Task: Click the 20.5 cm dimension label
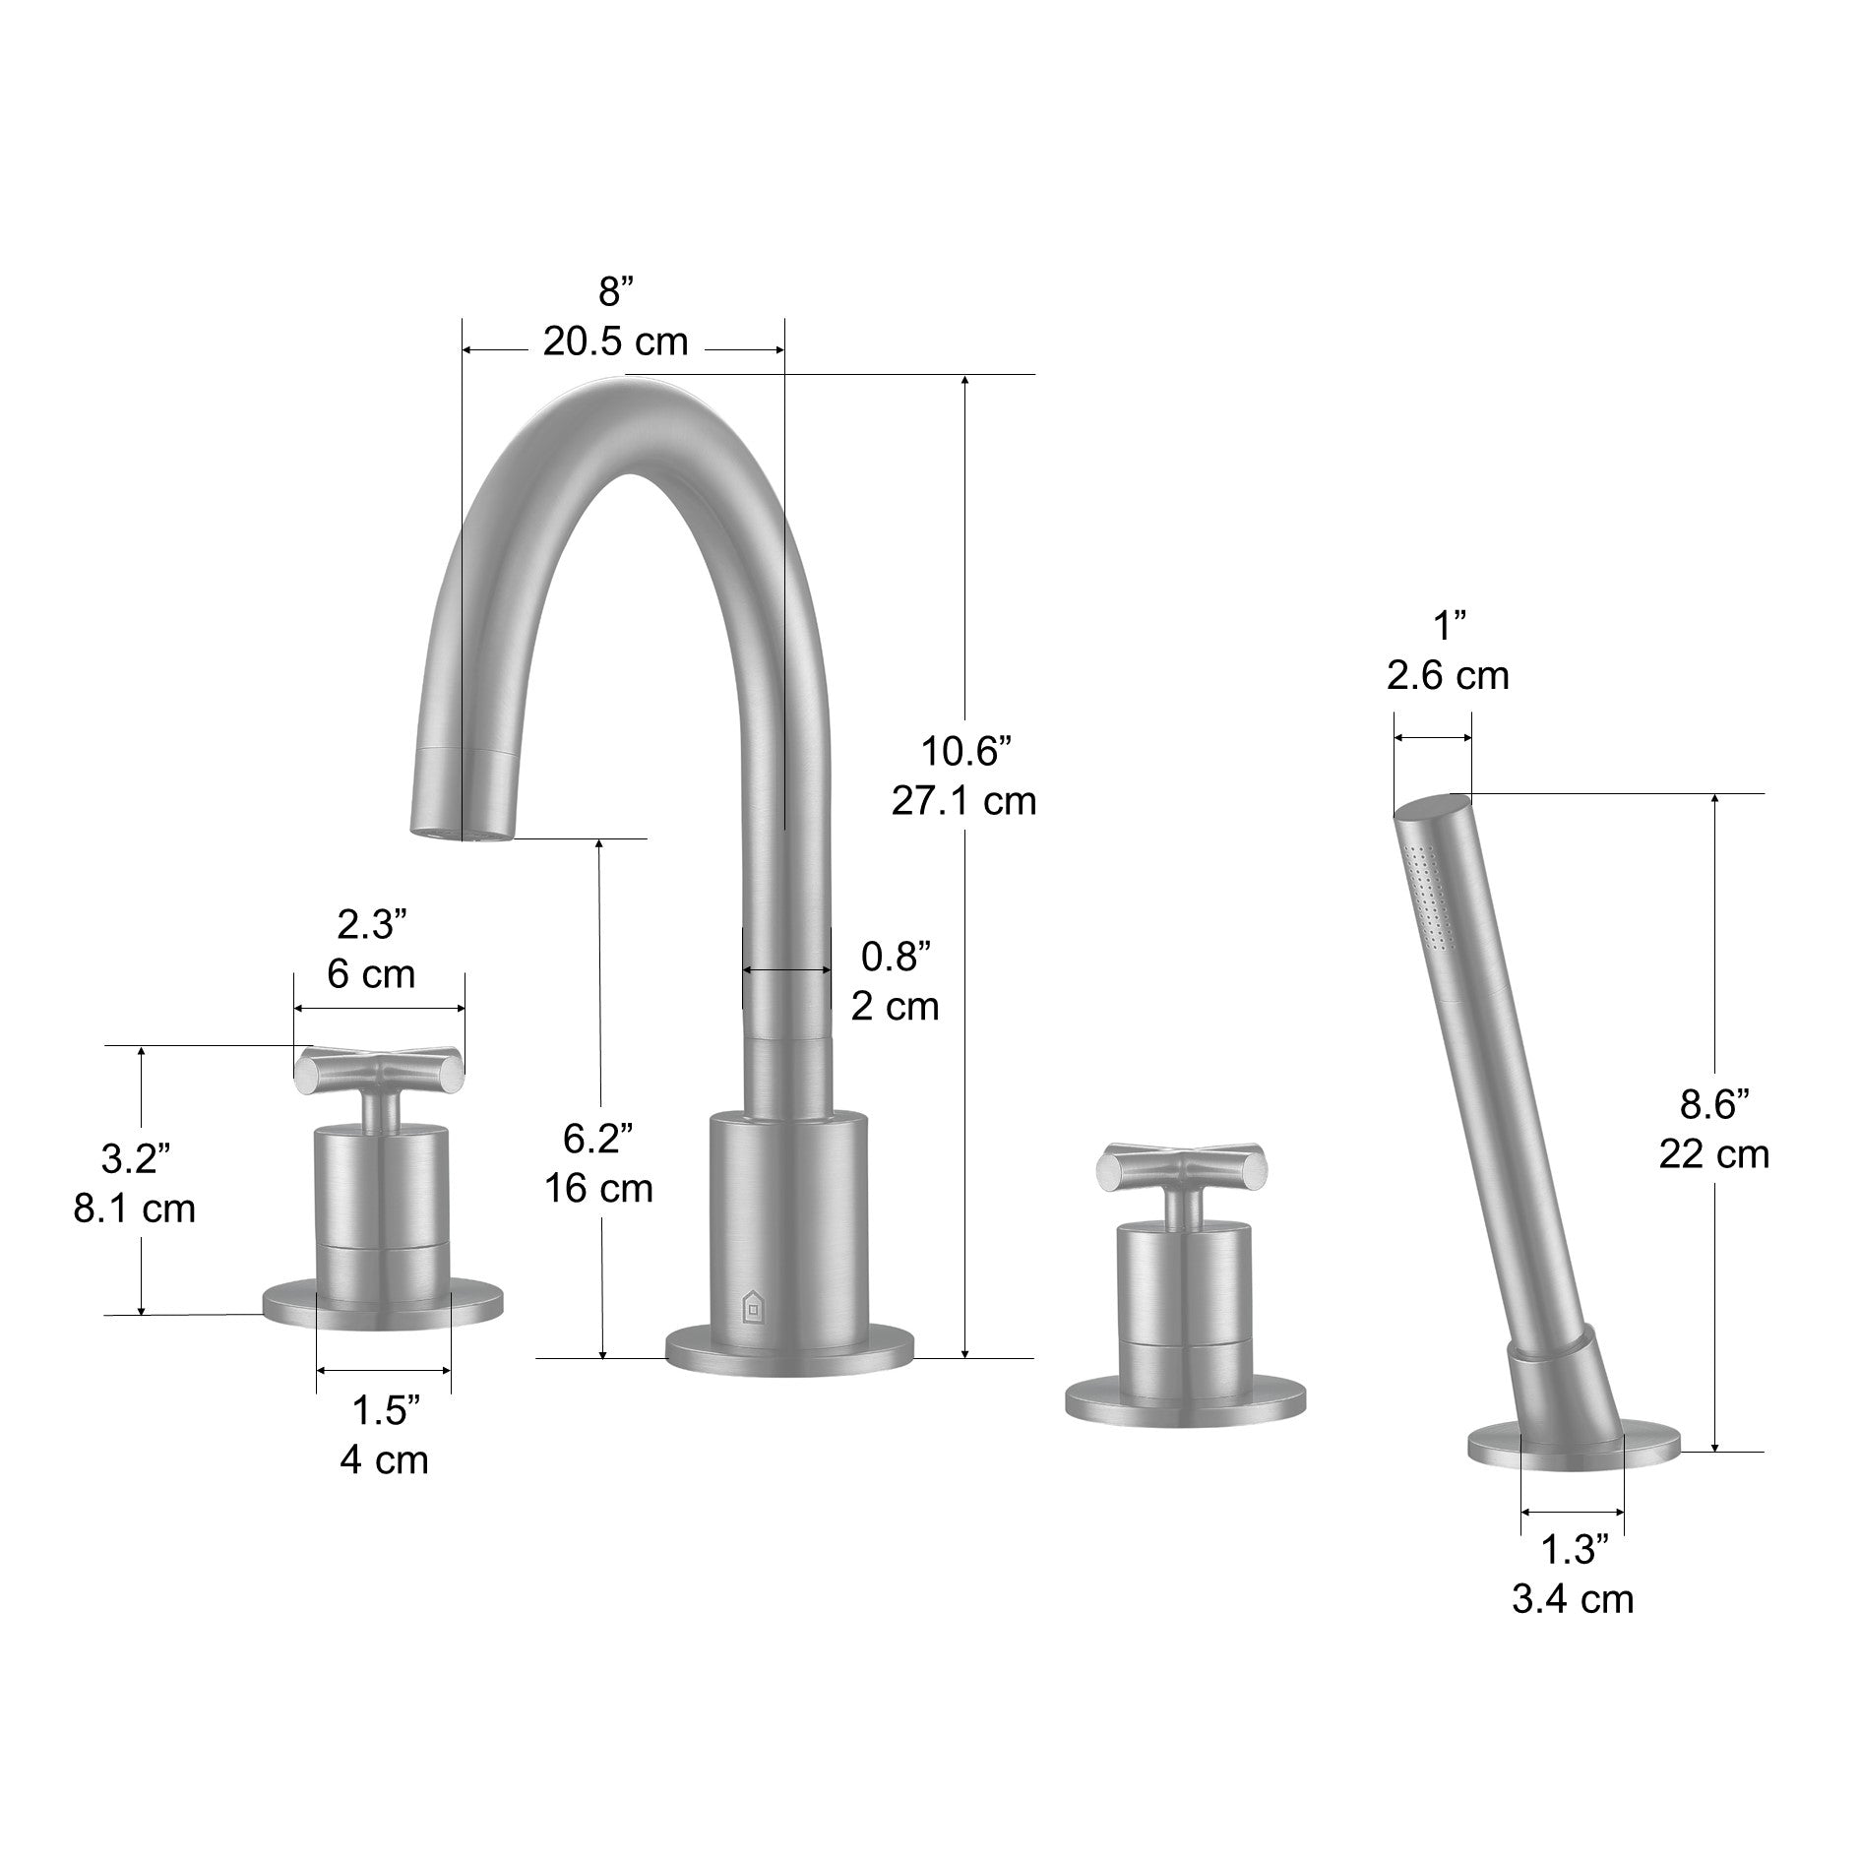click(615, 341)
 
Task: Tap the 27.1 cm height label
click(963, 801)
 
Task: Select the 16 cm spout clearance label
click(599, 1189)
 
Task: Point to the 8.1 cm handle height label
click(135, 1209)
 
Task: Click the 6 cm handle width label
click(371, 974)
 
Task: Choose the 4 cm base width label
click(384, 1459)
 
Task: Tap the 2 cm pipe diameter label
click(895, 1006)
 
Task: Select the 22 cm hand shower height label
click(1714, 1153)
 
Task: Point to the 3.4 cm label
click(1573, 1599)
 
